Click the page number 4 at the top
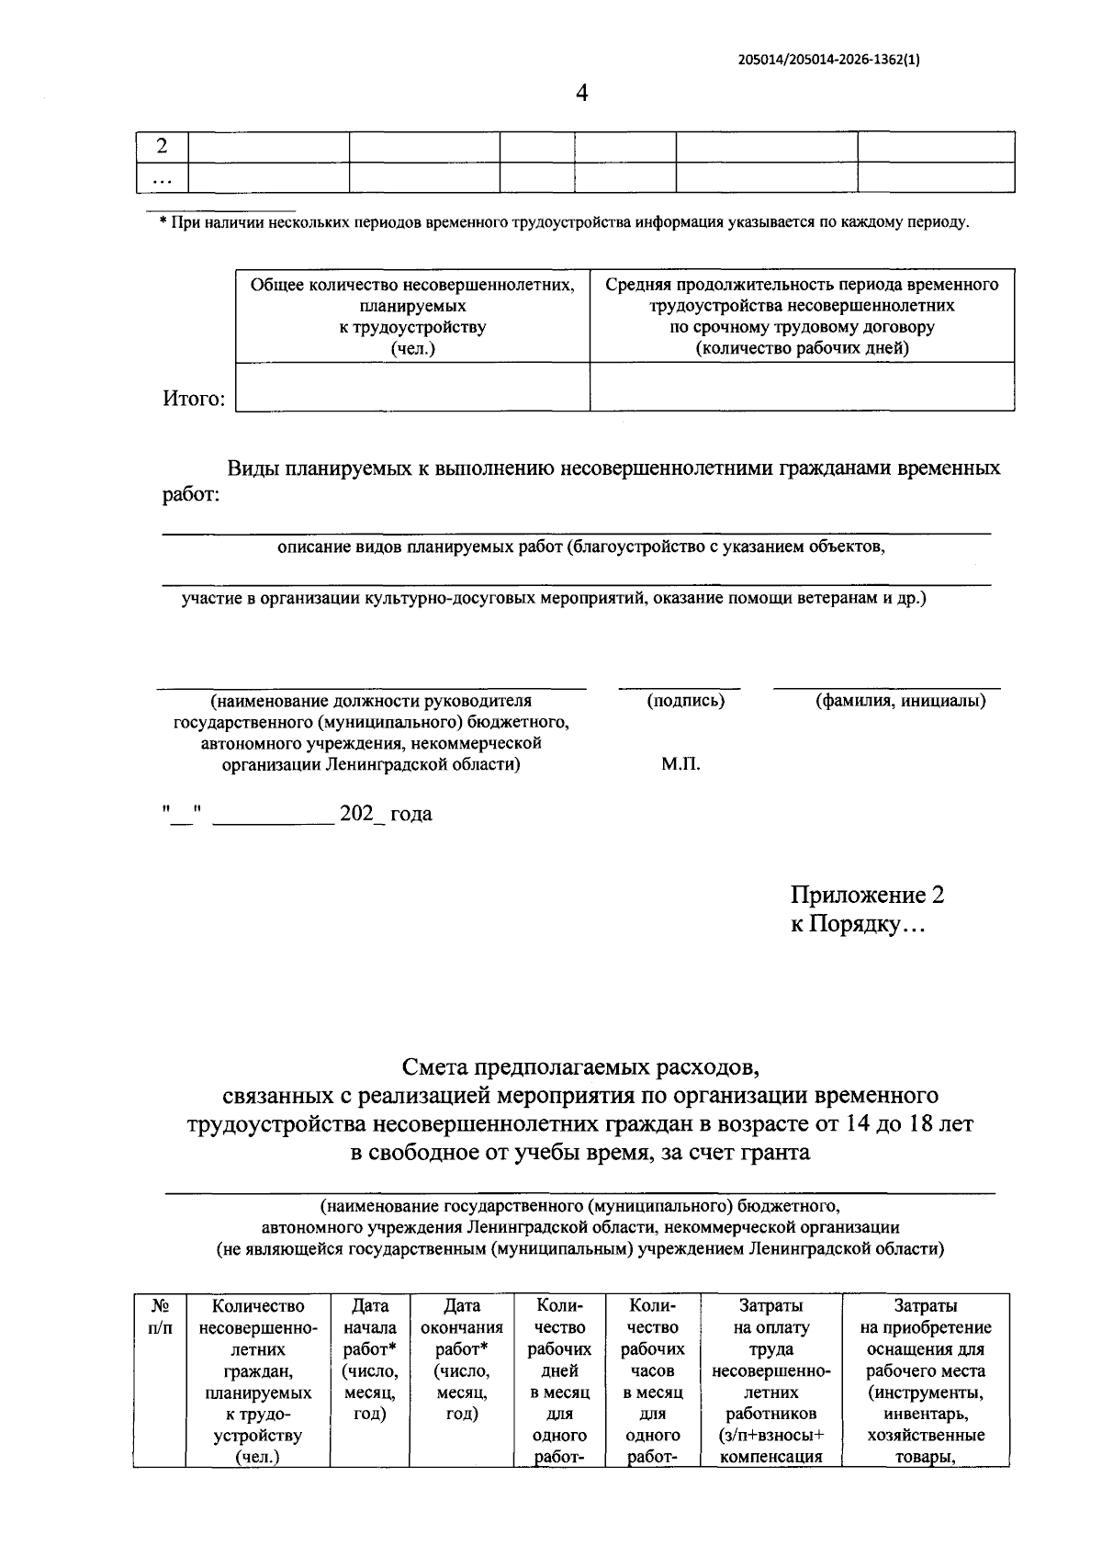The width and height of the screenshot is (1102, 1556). point(579,93)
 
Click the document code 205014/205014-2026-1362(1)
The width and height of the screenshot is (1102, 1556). point(829,61)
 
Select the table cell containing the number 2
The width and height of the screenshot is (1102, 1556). point(163,147)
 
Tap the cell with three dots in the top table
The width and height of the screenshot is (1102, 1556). point(163,178)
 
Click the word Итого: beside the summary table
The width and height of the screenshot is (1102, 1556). point(194,400)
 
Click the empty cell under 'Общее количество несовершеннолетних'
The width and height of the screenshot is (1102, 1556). point(412,386)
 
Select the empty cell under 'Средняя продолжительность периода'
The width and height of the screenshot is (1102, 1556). point(802,386)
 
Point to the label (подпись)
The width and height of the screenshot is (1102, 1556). point(685,701)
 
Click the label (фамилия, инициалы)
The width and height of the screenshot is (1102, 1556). point(901,701)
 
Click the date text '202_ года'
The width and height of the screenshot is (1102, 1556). point(386,814)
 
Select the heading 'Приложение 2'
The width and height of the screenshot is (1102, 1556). point(867,895)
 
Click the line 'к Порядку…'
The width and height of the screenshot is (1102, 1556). point(858,925)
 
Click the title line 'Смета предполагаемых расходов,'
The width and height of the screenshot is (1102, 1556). point(580,1067)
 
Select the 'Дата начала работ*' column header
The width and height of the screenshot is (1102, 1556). point(369,1359)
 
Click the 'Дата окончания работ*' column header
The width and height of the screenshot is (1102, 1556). point(461,1359)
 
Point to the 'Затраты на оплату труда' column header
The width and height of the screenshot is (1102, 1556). point(770,1327)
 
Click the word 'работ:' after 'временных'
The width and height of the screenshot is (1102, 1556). point(191,496)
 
